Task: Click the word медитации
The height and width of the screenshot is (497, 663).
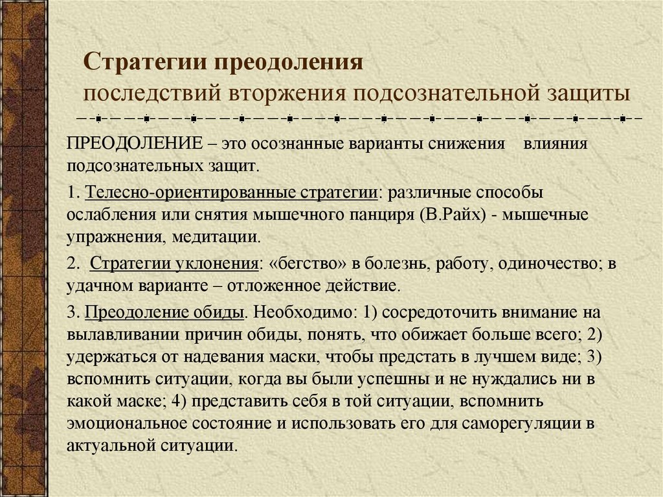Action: (x=217, y=236)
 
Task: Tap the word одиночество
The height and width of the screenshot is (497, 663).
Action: (x=552, y=264)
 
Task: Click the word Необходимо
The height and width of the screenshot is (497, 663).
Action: (x=304, y=313)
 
